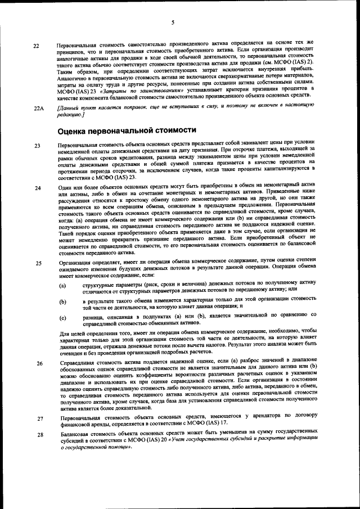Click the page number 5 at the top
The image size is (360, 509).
[173, 22]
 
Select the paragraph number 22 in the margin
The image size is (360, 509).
[37, 46]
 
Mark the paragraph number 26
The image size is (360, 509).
[37, 363]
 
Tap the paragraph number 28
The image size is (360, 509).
[37, 435]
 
